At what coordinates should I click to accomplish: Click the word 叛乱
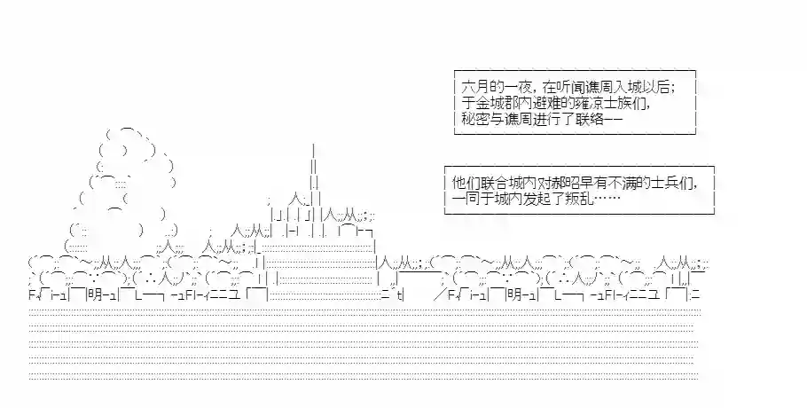(x=581, y=199)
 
